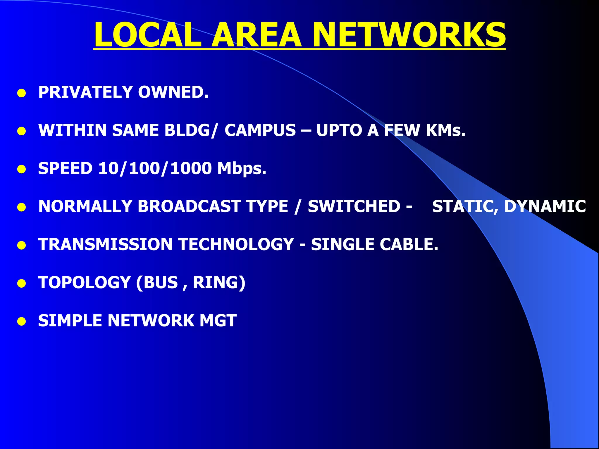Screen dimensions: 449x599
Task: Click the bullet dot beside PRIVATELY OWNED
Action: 21,94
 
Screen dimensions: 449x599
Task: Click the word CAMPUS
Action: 260,130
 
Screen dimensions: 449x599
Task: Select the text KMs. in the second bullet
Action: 445,130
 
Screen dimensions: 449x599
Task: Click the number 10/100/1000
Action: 155,168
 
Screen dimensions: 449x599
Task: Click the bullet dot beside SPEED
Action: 21,170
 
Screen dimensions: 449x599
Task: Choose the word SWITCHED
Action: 354,206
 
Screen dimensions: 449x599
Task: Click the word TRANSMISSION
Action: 105,244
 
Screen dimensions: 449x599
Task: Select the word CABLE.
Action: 409,244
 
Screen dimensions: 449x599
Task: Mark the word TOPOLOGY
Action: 84,283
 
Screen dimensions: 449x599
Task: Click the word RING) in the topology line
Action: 219,283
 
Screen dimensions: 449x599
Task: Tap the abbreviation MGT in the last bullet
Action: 218,321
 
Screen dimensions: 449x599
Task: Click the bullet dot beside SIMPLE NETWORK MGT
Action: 21,322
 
